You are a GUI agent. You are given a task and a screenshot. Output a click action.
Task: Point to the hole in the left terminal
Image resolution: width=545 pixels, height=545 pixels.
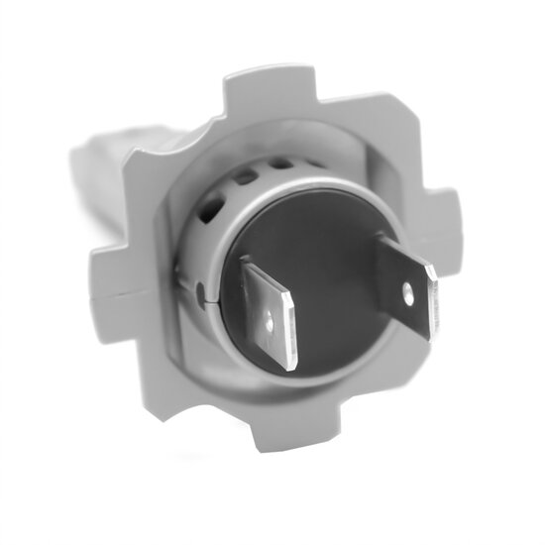coord(272,322)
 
